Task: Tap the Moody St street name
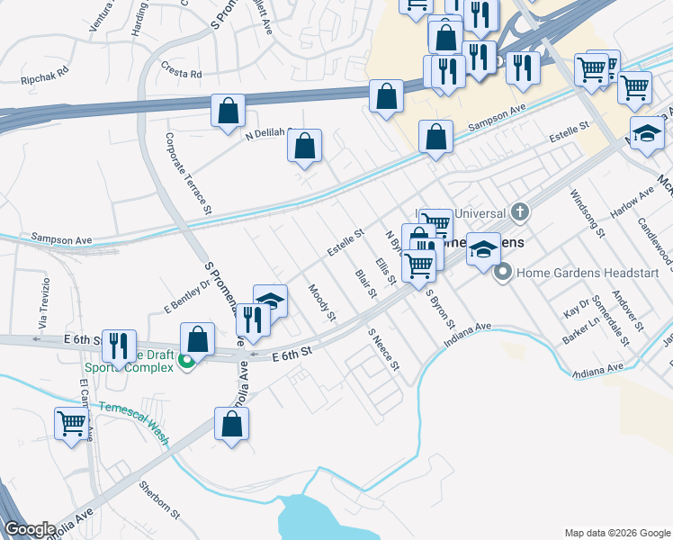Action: [x=321, y=304]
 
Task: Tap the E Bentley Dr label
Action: [x=186, y=296]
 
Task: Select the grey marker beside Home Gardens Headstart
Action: [x=503, y=270]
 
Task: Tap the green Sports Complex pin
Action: [x=186, y=362]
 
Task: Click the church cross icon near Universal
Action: [x=519, y=213]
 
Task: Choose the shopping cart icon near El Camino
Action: [x=71, y=422]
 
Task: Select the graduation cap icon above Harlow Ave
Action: [x=646, y=133]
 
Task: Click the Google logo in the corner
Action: [x=30, y=528]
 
